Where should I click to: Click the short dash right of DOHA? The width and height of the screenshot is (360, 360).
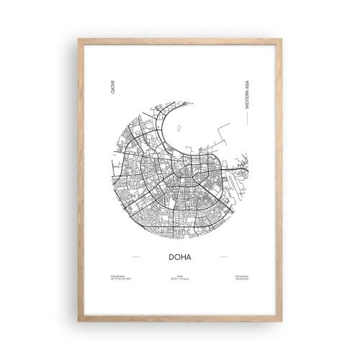pyautogui.click(x=223, y=256)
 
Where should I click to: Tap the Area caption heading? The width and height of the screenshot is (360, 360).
pyautogui.click(x=179, y=276)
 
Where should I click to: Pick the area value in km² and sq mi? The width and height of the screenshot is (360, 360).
pyautogui.click(x=179, y=280)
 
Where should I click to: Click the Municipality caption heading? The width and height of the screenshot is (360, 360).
pyautogui.click(x=243, y=276)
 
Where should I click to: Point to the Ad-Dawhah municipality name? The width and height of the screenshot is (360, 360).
pyautogui.click(x=243, y=280)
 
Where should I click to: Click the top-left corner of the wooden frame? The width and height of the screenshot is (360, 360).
pyautogui.click(x=79, y=39)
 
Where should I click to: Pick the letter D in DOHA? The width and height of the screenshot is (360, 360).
pyautogui.click(x=168, y=256)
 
